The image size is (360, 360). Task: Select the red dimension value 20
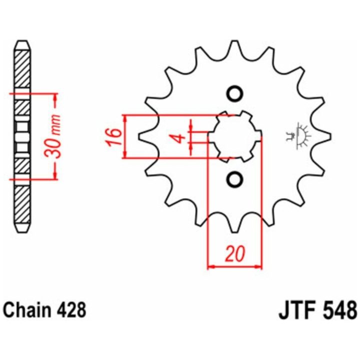(234, 254)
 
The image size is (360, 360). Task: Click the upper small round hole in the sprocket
(234, 93)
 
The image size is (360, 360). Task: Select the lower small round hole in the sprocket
(234, 178)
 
